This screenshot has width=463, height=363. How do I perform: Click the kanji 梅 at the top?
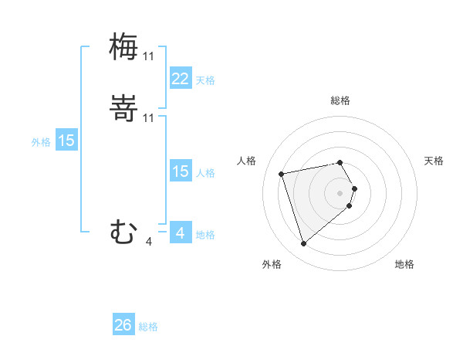[123, 46]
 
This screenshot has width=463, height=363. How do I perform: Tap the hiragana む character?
[123, 232]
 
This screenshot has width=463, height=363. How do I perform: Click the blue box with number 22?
[180, 79]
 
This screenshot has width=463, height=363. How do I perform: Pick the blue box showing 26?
[123, 325]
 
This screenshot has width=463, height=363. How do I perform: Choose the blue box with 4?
[180, 232]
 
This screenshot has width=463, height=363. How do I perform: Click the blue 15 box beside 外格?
[66, 141]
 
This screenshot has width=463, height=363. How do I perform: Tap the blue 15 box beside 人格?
[180, 171]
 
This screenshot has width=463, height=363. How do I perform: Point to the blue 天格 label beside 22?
[205, 80]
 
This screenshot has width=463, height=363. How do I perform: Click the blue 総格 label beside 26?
[148, 327]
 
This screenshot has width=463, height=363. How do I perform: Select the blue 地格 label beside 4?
[205, 235]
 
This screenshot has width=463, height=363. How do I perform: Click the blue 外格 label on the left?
[41, 142]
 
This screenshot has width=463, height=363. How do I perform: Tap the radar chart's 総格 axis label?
[340, 100]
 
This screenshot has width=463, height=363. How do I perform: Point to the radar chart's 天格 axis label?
[434, 161]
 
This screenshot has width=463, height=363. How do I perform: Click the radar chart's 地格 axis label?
[404, 264]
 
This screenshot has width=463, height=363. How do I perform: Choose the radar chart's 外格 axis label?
[272, 264]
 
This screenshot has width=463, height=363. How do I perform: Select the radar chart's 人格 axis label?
[247, 161]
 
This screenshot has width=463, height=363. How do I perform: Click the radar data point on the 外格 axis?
[303, 244]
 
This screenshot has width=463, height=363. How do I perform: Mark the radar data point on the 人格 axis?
[282, 173]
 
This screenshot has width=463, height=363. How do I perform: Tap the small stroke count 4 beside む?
[148, 242]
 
